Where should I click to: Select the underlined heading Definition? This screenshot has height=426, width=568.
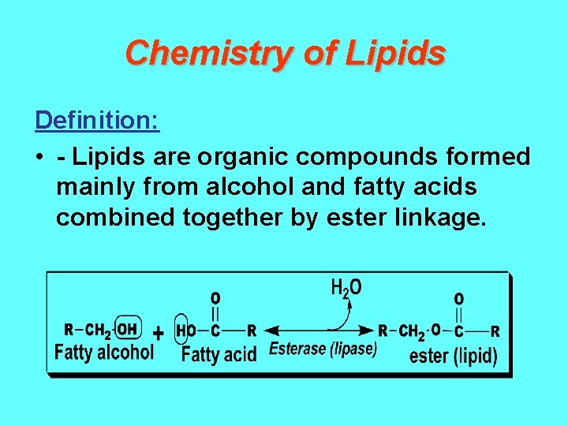(97, 121)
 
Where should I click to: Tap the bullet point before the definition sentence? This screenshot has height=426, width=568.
(39, 158)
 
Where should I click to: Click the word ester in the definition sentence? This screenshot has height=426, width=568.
(354, 216)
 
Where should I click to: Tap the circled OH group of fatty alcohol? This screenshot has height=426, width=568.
(126, 330)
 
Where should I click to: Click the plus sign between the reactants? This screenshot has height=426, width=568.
(158, 333)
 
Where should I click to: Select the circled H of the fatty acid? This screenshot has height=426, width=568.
(181, 331)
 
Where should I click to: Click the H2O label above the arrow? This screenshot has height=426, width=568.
(346, 288)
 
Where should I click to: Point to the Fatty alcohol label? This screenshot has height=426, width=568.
(103, 352)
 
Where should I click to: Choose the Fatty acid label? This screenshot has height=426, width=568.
(219, 354)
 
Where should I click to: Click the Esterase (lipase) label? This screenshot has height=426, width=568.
(323, 349)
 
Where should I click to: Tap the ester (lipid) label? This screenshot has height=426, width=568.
(453, 356)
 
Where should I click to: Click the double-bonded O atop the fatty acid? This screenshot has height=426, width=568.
(215, 299)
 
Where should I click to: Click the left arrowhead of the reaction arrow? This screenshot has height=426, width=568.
(271, 330)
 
